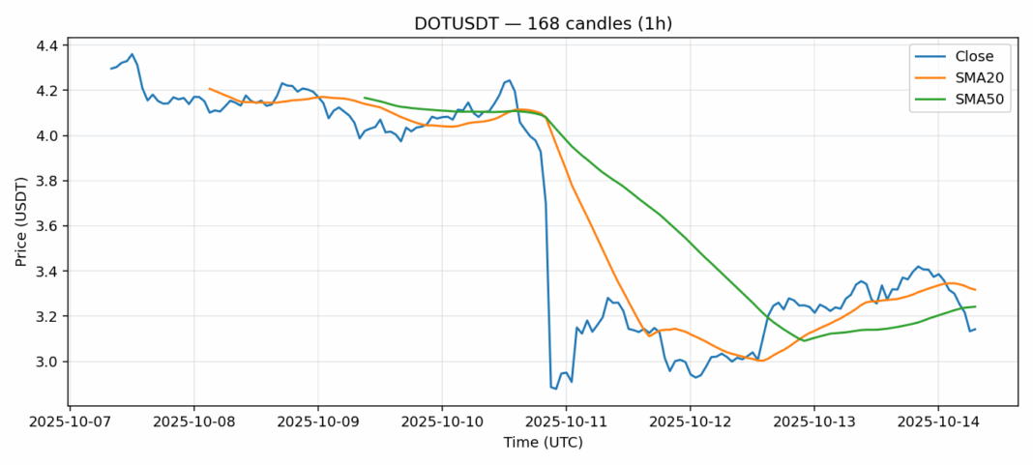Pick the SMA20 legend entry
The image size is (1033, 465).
point(977,77)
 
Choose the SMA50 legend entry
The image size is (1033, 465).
point(977,100)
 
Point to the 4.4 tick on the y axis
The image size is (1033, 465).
point(46,45)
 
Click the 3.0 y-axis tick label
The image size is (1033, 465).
point(46,362)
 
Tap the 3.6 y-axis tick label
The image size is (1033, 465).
point(46,226)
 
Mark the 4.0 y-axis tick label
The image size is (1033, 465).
point(46,135)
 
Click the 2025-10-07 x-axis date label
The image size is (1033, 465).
point(70,423)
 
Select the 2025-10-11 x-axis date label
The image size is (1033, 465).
point(565,423)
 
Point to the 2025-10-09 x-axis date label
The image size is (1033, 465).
point(317,423)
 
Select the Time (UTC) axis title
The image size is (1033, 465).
point(543,443)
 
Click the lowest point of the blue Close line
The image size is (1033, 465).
point(556,389)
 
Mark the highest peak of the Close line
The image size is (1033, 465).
point(132,54)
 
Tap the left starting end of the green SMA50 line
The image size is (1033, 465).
point(365,98)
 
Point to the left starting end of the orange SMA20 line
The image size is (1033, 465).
point(210,88)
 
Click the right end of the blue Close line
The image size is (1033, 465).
point(975,329)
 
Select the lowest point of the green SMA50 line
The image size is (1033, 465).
point(804,340)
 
